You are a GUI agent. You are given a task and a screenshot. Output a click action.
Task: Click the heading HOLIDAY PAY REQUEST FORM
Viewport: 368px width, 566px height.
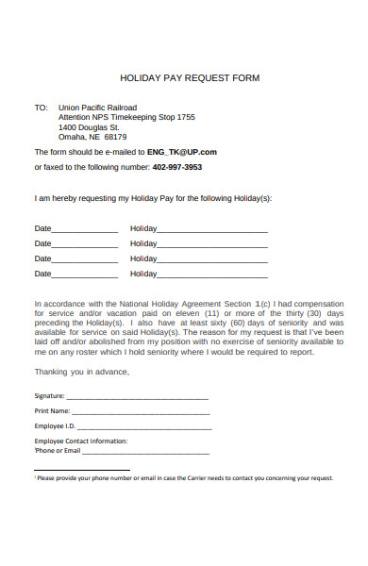pos(190,77)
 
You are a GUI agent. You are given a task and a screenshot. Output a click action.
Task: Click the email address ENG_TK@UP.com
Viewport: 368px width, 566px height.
pos(182,151)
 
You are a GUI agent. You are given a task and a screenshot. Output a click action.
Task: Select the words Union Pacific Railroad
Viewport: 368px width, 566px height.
pos(97,108)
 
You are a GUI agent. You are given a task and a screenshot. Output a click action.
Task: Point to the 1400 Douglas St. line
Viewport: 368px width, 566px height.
pos(89,126)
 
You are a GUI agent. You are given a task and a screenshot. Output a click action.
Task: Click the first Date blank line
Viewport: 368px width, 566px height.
pos(85,231)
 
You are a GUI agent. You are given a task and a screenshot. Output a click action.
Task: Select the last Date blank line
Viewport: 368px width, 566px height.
pos(85,276)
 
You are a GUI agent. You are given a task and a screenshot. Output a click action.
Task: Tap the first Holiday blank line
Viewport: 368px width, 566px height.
pos(212,231)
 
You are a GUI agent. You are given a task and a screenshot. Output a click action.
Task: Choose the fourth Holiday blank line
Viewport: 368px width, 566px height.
pos(212,276)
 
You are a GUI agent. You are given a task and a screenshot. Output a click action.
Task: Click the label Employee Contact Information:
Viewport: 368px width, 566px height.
pos(80,441)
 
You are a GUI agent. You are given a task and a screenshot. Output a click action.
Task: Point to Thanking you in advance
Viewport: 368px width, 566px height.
pos(82,372)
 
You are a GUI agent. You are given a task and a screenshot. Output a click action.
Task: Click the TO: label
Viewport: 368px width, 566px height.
pos(41,108)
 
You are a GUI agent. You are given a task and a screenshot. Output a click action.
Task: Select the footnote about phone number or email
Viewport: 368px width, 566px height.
pos(184,478)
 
